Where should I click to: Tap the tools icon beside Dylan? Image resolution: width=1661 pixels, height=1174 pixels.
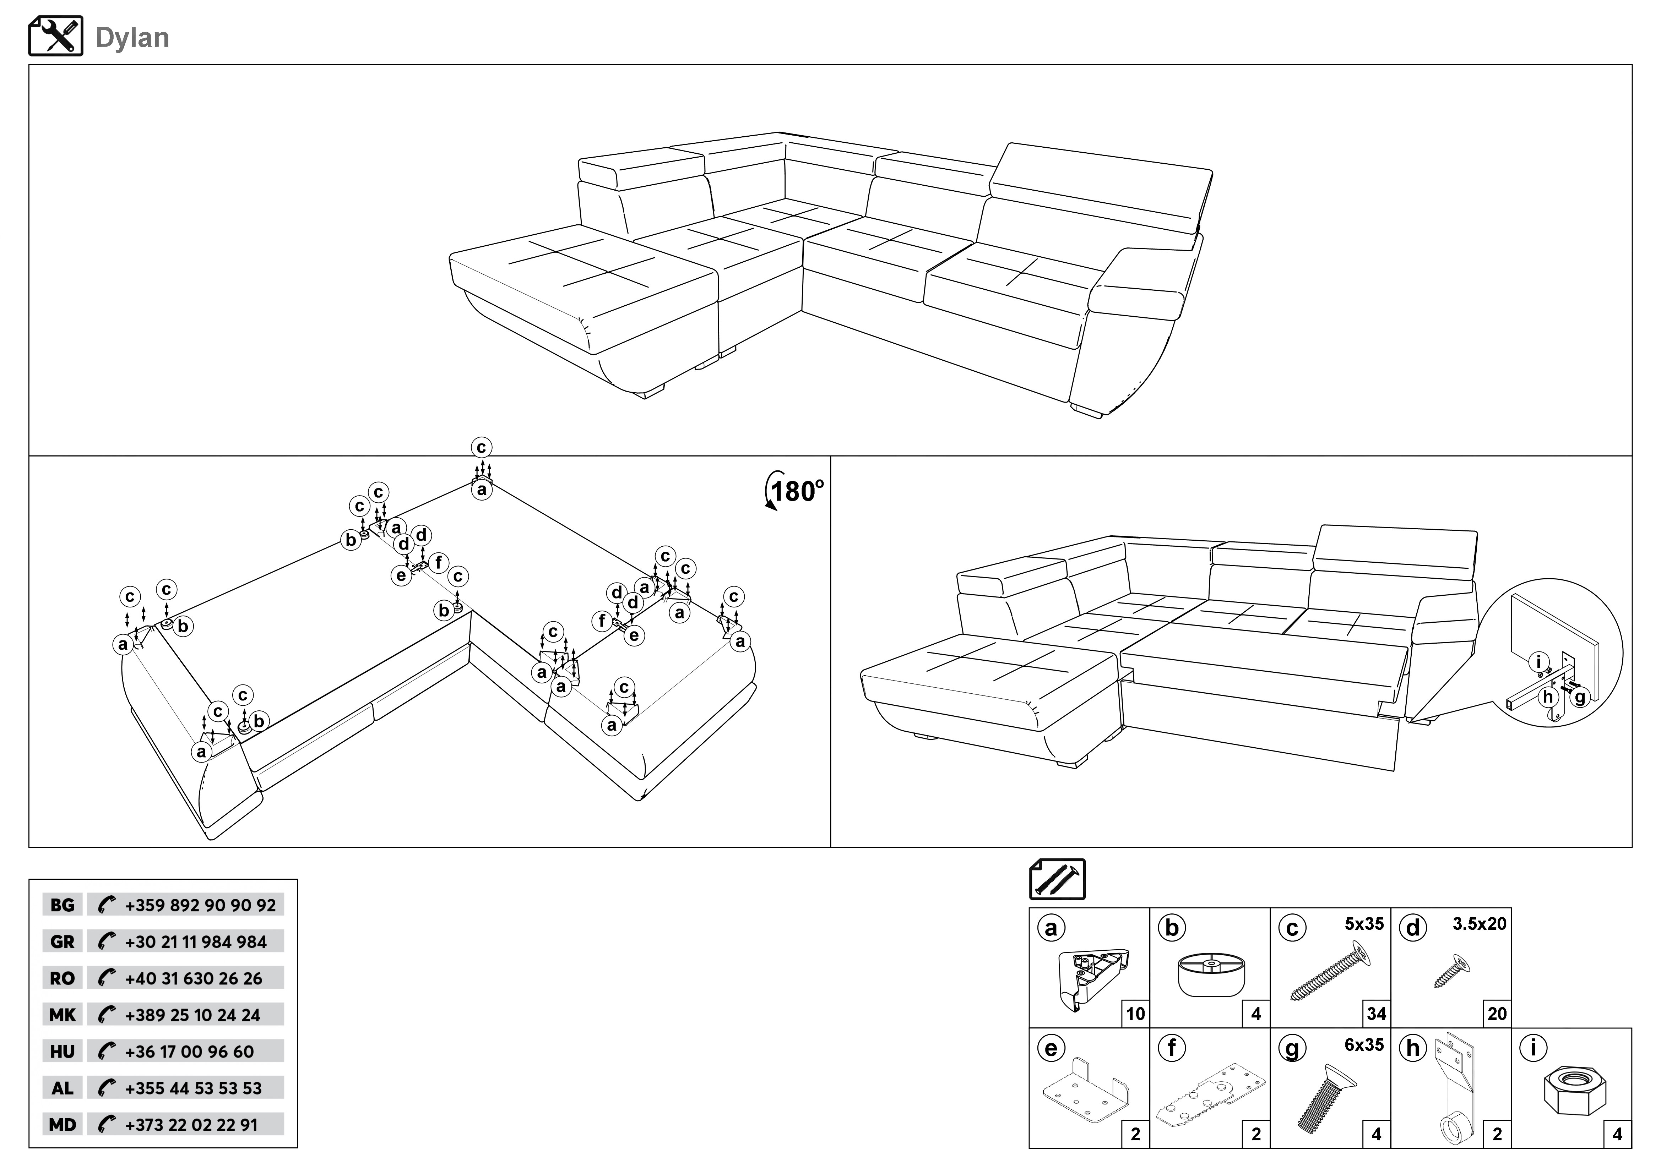pyautogui.click(x=56, y=36)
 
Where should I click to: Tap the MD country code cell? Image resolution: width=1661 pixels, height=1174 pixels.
pyautogui.click(x=62, y=1125)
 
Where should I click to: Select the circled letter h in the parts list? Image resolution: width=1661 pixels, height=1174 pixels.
pyautogui.click(x=1413, y=1048)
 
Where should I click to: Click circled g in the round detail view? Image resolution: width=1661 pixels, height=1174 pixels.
pyautogui.click(x=1579, y=697)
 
